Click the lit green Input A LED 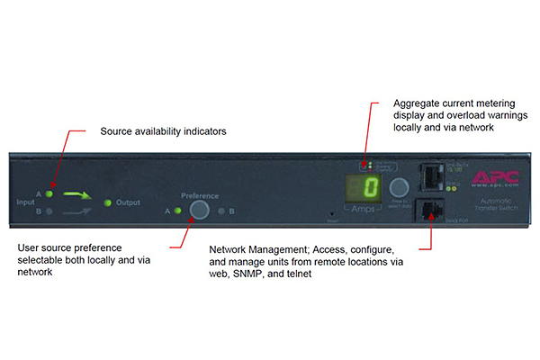point(49,193)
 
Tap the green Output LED point(109,202)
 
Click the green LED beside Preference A point(178,211)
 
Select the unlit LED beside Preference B point(220,211)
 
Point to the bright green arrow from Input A point(78,193)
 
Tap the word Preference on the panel point(200,194)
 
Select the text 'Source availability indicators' point(163,131)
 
